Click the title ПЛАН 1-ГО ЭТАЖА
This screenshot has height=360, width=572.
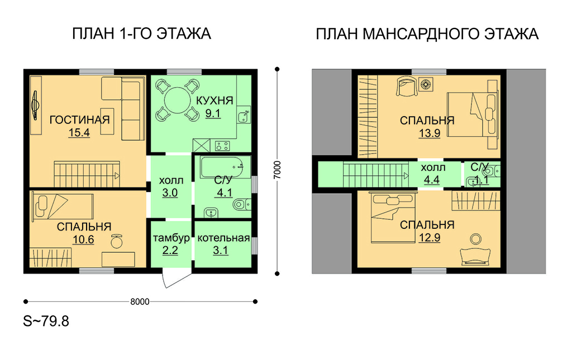click(141, 33)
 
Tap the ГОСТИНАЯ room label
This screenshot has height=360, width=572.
click(79, 119)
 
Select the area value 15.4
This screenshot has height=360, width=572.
click(79, 133)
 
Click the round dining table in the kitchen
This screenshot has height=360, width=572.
click(178, 100)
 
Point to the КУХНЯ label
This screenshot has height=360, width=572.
click(214, 100)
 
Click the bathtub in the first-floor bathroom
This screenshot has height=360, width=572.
click(226, 167)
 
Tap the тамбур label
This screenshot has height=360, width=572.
click(171, 238)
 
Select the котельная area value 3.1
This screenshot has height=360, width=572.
click(220, 250)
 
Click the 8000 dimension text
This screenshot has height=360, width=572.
click(140, 302)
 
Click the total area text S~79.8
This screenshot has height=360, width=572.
click(46, 321)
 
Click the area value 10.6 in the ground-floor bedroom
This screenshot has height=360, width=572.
click(83, 239)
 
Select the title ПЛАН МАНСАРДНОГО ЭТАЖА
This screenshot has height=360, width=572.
click(427, 34)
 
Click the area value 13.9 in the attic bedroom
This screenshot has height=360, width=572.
click(430, 133)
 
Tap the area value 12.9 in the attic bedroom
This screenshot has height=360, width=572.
click(430, 238)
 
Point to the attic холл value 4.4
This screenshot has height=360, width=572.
click(432, 180)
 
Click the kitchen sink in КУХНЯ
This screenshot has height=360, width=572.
click(244, 117)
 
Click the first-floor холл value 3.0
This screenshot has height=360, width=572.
click(170, 193)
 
